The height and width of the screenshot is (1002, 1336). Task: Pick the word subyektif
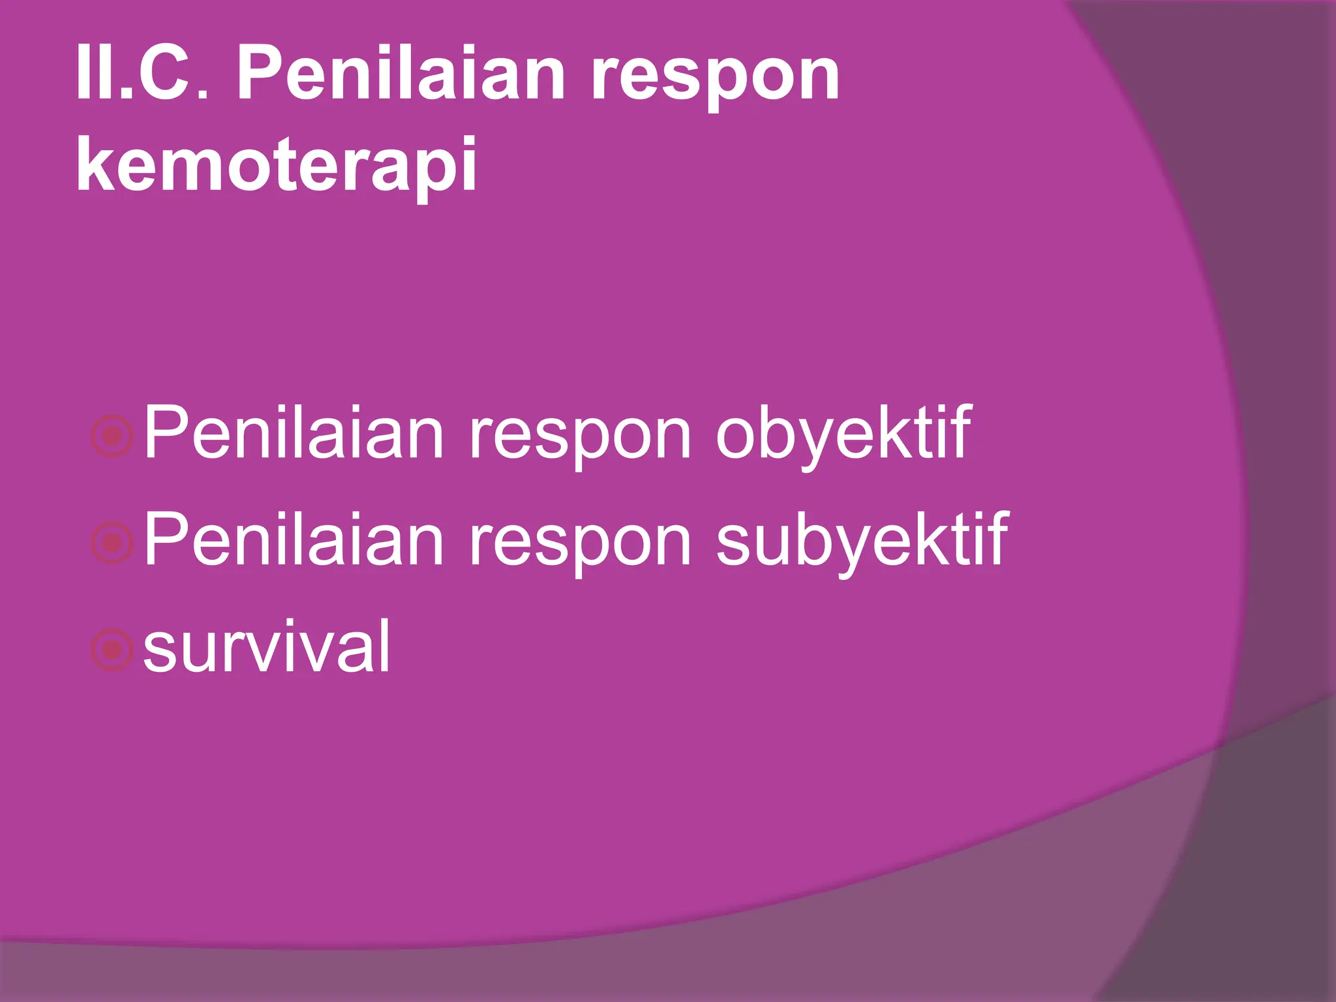click(862, 542)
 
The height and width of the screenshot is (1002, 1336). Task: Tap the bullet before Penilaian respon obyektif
click(112, 436)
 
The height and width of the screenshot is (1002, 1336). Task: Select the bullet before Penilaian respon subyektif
click(112, 543)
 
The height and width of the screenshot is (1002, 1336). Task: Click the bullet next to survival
click(112, 650)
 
